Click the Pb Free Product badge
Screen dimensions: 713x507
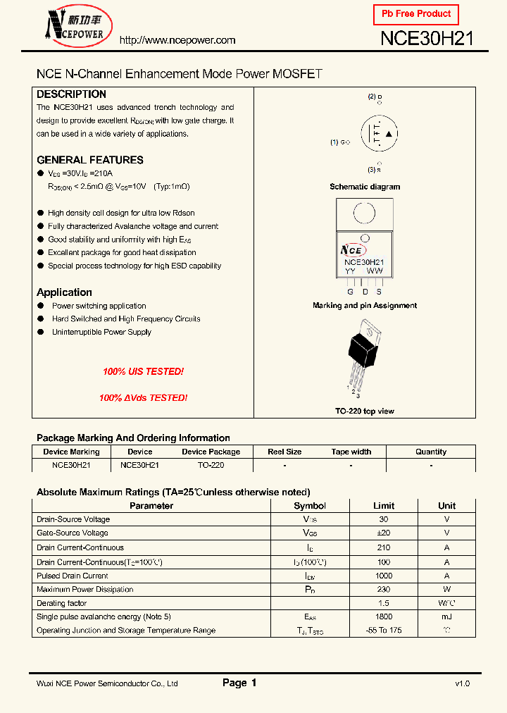[415, 14]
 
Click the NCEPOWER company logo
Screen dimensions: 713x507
[74, 27]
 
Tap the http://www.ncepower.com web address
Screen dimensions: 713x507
[177, 40]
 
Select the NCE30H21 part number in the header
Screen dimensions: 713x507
[427, 39]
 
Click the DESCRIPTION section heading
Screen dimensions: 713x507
[71, 94]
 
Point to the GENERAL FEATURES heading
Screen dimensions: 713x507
[89, 160]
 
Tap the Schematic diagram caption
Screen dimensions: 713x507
[365, 187]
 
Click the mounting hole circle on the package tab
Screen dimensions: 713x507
[364, 213]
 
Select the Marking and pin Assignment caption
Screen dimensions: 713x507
[365, 306]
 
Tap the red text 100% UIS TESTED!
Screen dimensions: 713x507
[143, 371]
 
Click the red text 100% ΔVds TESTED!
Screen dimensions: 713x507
[143, 398]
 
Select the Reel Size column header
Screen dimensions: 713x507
[284, 452]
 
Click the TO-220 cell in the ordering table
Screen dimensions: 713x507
[211, 465]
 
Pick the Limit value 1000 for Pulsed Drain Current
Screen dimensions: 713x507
[384, 576]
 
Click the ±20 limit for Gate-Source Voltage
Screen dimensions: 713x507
[384, 533]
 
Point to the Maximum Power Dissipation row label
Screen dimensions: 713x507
[84, 590]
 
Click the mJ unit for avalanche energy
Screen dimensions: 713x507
[446, 616]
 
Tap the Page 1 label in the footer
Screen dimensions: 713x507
[239, 683]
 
